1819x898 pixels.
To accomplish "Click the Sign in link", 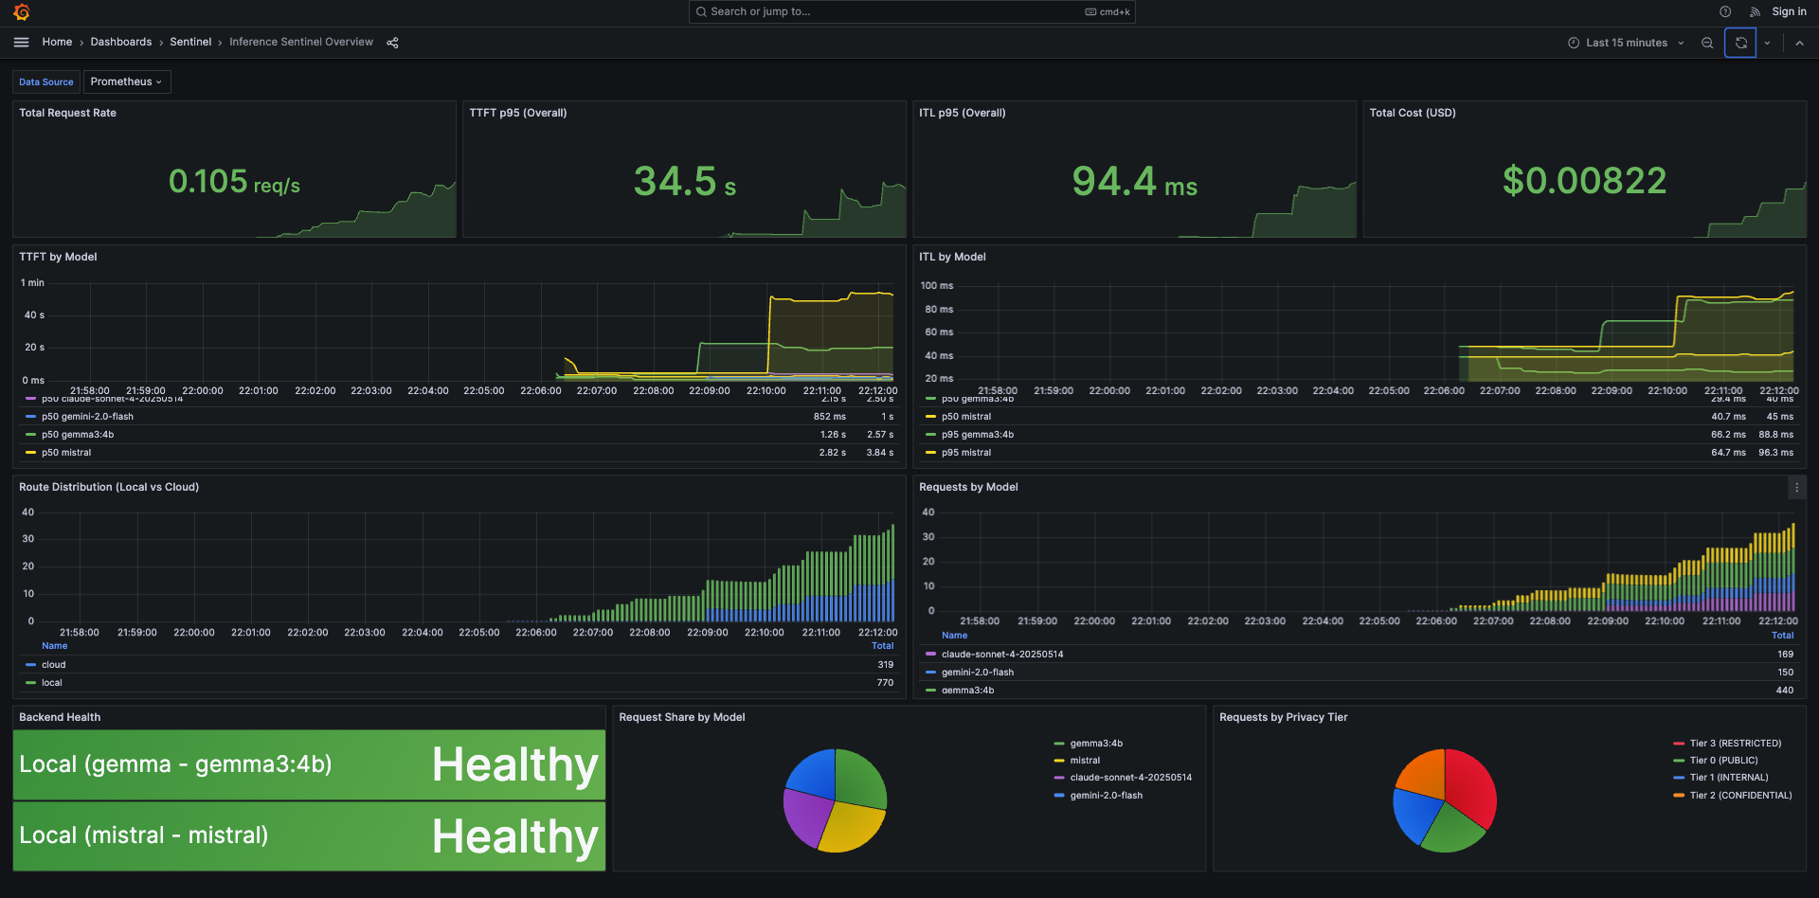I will coord(1789,11).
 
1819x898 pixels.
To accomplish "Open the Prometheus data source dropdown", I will coord(126,81).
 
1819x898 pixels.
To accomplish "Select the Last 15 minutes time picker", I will coord(1626,43).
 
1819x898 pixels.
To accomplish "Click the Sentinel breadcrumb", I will coord(190,42).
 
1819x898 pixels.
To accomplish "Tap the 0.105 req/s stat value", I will coord(234,181).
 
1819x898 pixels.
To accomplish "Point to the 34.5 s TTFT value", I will coord(684,181).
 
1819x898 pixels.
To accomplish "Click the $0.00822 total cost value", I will coord(1584,181).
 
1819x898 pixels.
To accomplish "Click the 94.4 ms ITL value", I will coord(1134,181).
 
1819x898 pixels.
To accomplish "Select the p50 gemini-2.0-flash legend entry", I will coord(87,417).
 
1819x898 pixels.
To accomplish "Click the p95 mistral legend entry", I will coord(966,453).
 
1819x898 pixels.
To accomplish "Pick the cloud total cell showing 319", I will coord(885,665).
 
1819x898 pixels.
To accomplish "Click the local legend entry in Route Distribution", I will coord(52,683).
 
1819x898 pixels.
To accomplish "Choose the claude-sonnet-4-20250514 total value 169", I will coord(1785,655).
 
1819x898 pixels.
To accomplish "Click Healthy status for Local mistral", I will coord(514,836).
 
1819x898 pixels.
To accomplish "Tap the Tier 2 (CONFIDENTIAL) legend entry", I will coord(1740,796).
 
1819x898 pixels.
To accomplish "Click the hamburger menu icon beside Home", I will coord(21,42).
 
